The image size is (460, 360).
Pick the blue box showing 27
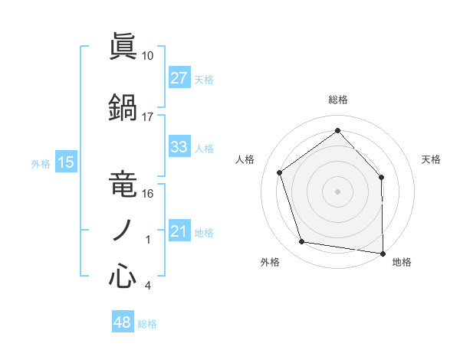click(179, 79)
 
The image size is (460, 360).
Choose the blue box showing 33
click(179, 148)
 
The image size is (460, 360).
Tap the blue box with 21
click(179, 232)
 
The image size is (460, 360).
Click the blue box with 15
click(65, 162)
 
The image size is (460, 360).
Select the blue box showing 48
click(123, 323)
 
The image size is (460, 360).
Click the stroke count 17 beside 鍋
click(148, 116)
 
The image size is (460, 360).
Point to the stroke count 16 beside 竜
click(148, 193)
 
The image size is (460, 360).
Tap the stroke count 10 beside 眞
click(148, 55)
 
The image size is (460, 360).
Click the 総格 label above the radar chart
click(337, 100)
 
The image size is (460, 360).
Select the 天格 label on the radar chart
click(431, 159)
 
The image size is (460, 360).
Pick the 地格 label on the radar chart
click(402, 262)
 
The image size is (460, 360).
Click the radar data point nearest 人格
click(280, 172)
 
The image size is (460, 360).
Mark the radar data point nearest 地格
click(383, 253)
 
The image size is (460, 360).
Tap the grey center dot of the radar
click(337, 191)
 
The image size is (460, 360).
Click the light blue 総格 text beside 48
click(147, 324)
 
